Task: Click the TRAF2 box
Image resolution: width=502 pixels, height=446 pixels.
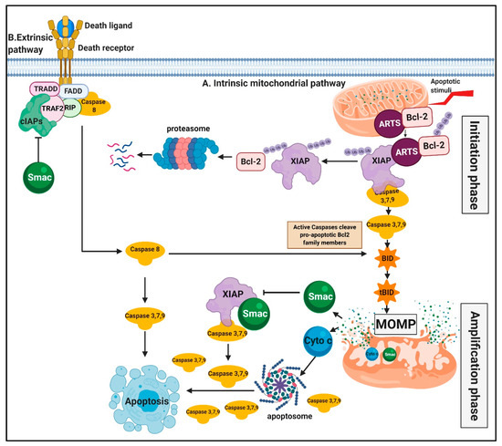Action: [x=54, y=105]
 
